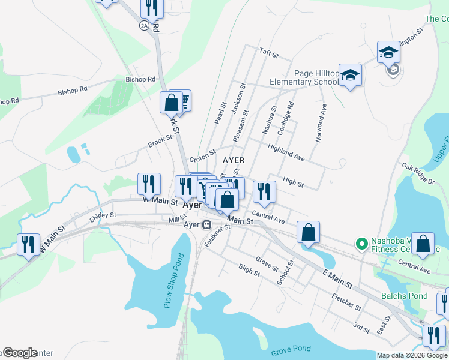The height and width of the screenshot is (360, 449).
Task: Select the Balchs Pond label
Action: (405, 296)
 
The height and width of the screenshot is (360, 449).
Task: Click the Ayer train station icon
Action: (206, 225)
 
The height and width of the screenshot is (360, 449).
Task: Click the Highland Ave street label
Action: (287, 153)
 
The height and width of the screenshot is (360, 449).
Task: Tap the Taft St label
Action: (269, 53)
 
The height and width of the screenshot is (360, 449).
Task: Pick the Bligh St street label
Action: (249, 271)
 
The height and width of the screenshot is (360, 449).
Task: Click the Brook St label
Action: (160, 141)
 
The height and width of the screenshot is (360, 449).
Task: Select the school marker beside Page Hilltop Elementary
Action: (350, 76)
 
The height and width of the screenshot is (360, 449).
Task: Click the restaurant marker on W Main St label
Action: (149, 184)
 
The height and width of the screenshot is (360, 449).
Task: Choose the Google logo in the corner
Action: (20, 353)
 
